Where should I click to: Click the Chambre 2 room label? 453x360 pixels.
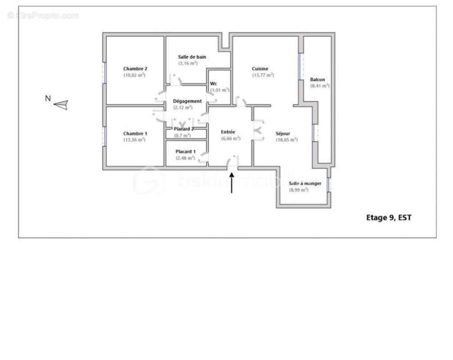tap(135, 69)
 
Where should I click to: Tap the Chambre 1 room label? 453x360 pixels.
tap(135, 134)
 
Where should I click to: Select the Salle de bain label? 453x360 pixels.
tap(192, 57)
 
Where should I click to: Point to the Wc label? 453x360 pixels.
tap(214, 84)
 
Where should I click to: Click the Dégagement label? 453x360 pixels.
tap(187, 101)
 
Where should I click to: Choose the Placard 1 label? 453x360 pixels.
tap(186, 151)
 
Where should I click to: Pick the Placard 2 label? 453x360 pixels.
tap(184, 129)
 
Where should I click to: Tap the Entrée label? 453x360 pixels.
tap(228, 132)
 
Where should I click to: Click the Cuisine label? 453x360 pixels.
tap(260, 69)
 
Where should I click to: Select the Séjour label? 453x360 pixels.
tap(283, 134)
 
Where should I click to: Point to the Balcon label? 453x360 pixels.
tap(317, 80)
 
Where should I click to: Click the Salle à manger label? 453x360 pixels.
tap(305, 184)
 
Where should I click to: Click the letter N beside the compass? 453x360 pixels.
tap(48, 98)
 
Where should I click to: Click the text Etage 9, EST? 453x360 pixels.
tap(389, 218)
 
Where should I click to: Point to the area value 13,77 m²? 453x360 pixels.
tap(263, 76)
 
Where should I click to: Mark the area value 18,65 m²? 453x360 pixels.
tap(286, 140)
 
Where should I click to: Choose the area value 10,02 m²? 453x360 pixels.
tap(134, 76)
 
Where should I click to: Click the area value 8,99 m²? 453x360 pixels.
tap(299, 190)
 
